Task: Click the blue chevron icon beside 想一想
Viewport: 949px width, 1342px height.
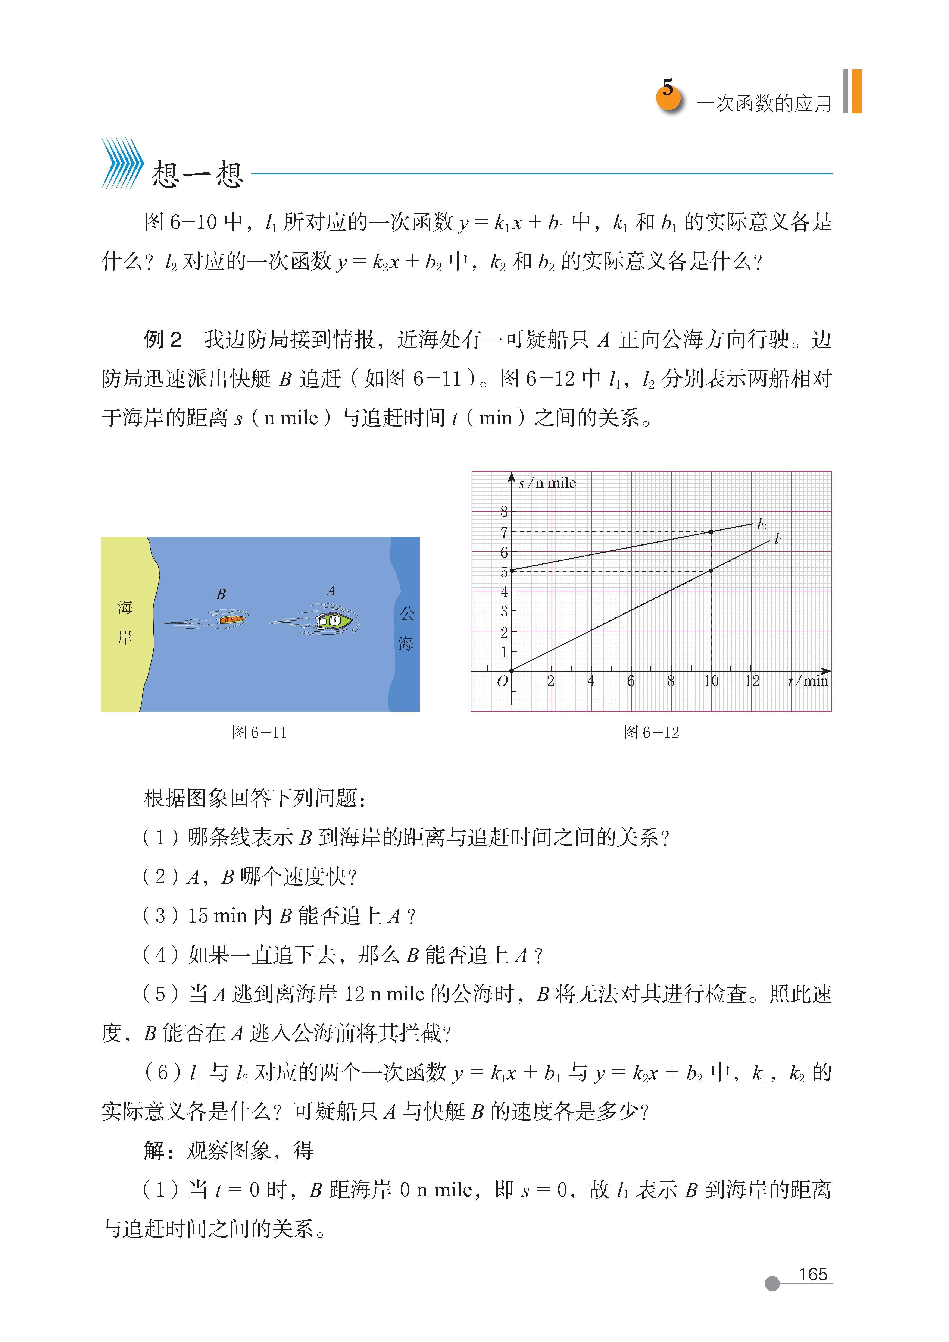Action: [x=122, y=164]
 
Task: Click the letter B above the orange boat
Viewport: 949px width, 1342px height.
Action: [x=221, y=594]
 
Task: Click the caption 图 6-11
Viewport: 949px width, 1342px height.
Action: [x=260, y=732]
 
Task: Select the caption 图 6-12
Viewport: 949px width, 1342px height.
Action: [x=651, y=732]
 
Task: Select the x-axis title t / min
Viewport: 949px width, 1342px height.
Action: [x=808, y=681]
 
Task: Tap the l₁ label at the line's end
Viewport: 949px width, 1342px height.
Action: [x=778, y=539]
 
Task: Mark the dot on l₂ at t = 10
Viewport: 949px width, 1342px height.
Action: [x=711, y=532]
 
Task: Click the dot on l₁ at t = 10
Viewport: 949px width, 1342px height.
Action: [x=711, y=571]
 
